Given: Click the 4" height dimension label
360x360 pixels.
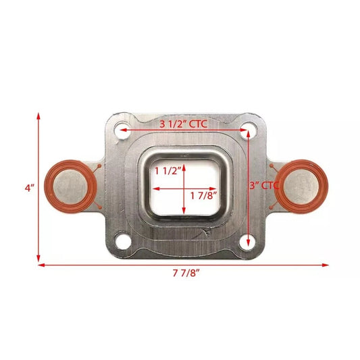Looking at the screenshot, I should (x=29, y=188).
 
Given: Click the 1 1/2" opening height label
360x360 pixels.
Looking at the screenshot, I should (x=168, y=171).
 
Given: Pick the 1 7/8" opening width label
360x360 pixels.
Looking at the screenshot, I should (x=203, y=196).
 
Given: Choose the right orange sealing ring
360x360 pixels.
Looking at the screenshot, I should (x=301, y=184).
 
